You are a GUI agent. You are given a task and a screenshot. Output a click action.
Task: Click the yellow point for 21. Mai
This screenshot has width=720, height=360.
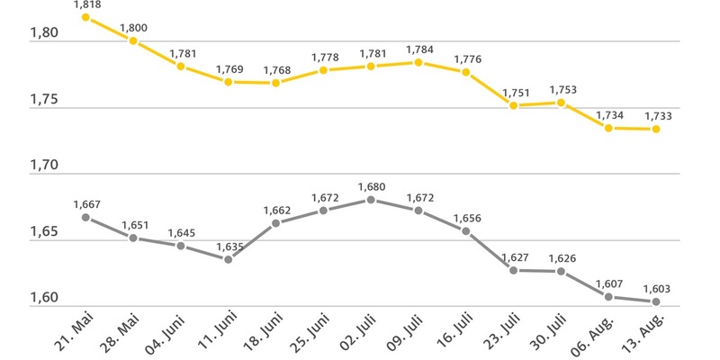pos(85,17)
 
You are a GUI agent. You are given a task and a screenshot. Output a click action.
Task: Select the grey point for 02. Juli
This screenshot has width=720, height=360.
pos(372,200)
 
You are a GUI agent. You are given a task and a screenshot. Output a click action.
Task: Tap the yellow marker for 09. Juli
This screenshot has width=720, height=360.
pos(418,62)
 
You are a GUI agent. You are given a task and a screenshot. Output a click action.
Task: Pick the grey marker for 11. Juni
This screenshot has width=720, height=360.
pos(229,259)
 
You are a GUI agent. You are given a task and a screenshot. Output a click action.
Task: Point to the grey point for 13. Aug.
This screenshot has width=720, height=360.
pos(656,301)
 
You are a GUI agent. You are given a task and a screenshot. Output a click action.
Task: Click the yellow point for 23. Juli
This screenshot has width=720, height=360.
pos(514,105)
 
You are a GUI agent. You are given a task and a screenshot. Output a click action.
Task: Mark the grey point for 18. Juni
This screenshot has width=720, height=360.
pos(276,223)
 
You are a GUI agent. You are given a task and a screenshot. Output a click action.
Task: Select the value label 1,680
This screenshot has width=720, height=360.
pos(372,187)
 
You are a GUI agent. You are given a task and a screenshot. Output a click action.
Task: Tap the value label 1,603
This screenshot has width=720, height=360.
pos(656,289)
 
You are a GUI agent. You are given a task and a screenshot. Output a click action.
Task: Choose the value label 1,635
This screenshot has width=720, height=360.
pos(229,247)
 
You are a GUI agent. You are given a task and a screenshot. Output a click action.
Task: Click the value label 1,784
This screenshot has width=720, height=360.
pos(418,49)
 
